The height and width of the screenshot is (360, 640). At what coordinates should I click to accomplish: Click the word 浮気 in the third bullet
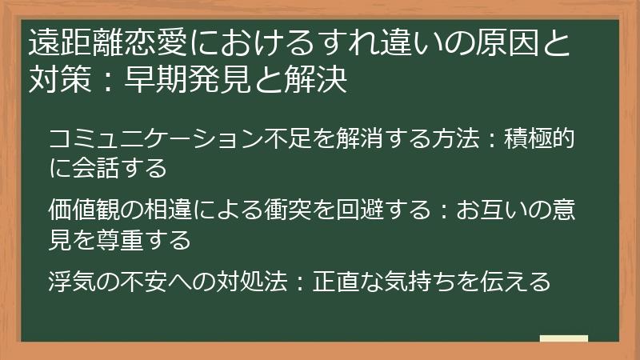(72, 282)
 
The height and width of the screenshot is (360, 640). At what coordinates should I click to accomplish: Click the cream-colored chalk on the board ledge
(564, 339)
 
